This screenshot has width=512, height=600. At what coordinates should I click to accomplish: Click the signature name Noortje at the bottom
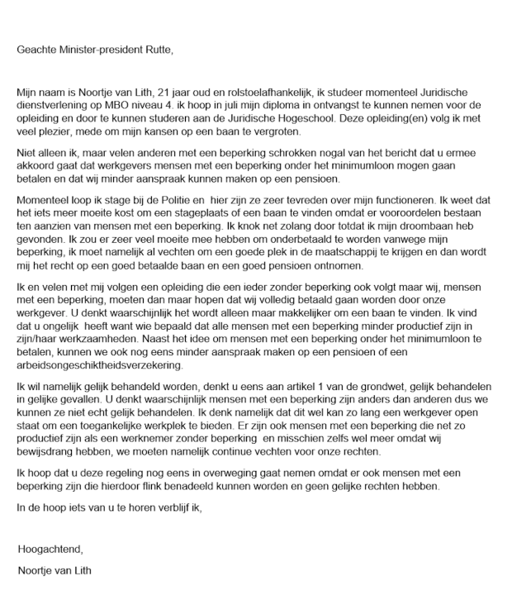coord(36,569)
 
